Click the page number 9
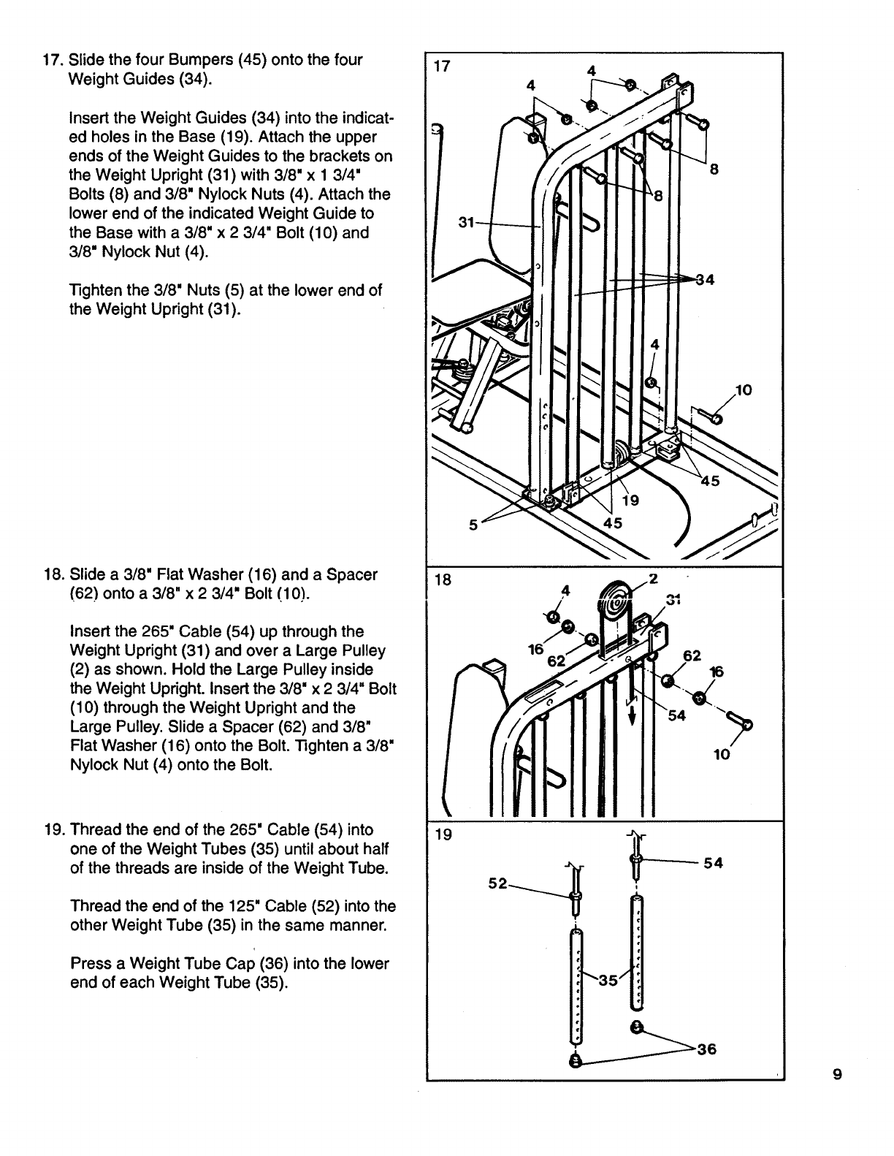point(837,1074)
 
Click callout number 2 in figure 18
point(654,579)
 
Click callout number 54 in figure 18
point(677,715)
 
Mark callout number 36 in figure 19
point(707,1050)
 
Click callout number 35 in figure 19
point(608,981)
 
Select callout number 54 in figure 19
point(713,864)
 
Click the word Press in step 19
point(88,964)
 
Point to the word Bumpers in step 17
point(183,60)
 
